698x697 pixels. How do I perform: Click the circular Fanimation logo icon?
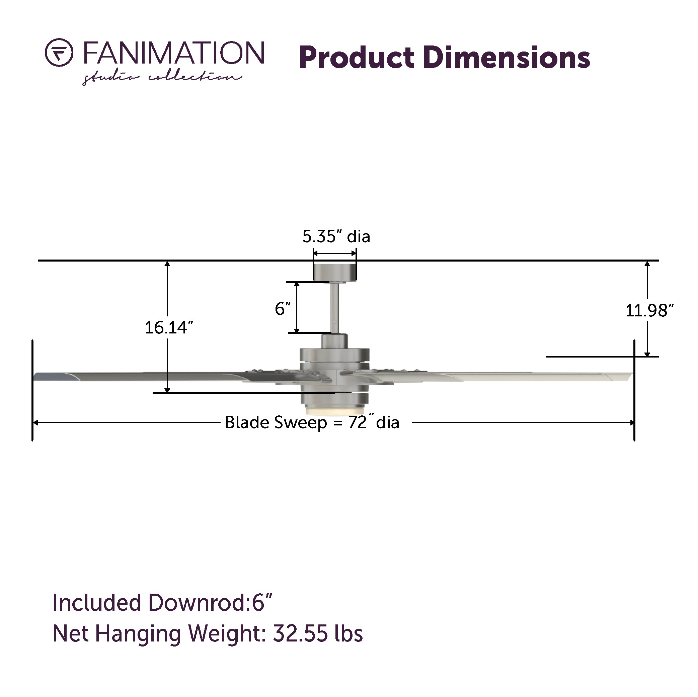59,53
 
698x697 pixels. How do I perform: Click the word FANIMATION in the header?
174,53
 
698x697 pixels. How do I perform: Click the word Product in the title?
356,58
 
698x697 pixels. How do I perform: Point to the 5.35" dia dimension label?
336,237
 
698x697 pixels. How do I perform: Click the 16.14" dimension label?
169,328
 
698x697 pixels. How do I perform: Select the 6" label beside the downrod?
283,309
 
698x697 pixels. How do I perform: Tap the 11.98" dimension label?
649,311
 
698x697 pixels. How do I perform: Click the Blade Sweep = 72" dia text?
312,423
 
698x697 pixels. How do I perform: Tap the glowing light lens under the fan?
334,411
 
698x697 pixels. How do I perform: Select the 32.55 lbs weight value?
318,633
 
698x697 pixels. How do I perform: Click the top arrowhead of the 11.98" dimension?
647,264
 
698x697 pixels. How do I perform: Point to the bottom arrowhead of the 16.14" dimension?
167,390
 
